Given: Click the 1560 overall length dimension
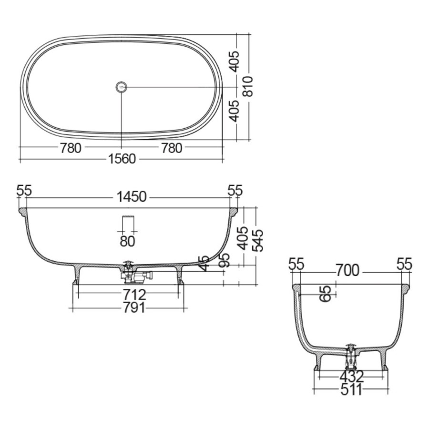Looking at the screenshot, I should coord(122,159).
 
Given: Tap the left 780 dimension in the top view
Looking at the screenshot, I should coord(71,148).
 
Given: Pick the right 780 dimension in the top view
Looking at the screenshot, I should coord(172,148).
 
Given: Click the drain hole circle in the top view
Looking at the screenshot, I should coord(122,87).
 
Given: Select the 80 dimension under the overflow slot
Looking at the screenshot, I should coord(127,241).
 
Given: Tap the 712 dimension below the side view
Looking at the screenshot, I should coord(133,294).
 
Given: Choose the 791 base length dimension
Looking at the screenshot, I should coord(133,308).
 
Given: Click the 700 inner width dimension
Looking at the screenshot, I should coord(347,271).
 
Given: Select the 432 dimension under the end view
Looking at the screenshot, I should coord(351,377).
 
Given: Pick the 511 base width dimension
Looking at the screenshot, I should coord(351,390).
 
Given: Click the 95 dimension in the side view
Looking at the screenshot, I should coord(224,260).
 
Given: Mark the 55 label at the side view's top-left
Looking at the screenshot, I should coord(24,191).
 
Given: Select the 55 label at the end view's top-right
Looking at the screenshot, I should coord(404,264).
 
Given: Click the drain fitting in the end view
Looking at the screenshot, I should coord(351,355).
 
